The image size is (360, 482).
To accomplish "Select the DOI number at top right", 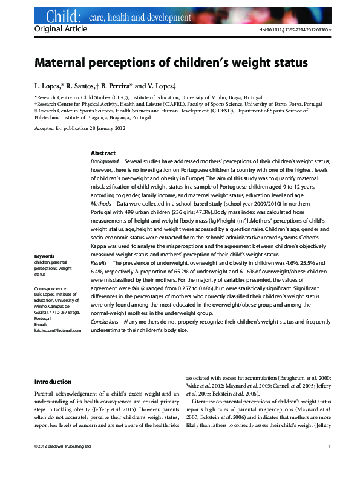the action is coord(299,30).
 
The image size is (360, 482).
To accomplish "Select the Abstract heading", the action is coord(103,154).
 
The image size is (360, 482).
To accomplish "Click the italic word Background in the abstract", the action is coord(105,162).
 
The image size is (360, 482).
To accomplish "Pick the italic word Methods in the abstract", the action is coord(101,204).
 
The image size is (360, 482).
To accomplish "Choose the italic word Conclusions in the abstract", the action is coord(105,322).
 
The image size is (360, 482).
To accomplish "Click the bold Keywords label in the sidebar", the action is coord(44,256).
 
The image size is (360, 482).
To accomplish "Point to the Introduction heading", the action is coord(53,382).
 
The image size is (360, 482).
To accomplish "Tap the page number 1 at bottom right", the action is coord(329,463).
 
